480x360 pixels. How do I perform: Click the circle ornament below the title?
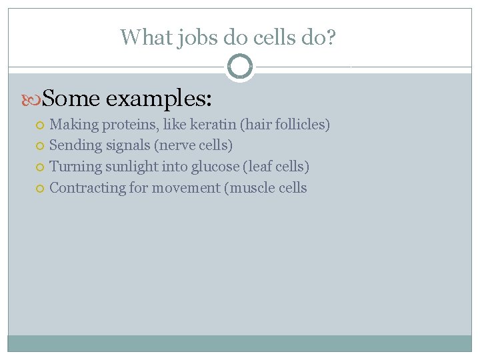tap(240, 67)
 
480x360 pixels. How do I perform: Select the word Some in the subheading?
tap(70, 99)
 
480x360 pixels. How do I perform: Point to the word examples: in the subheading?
tap(159, 100)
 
